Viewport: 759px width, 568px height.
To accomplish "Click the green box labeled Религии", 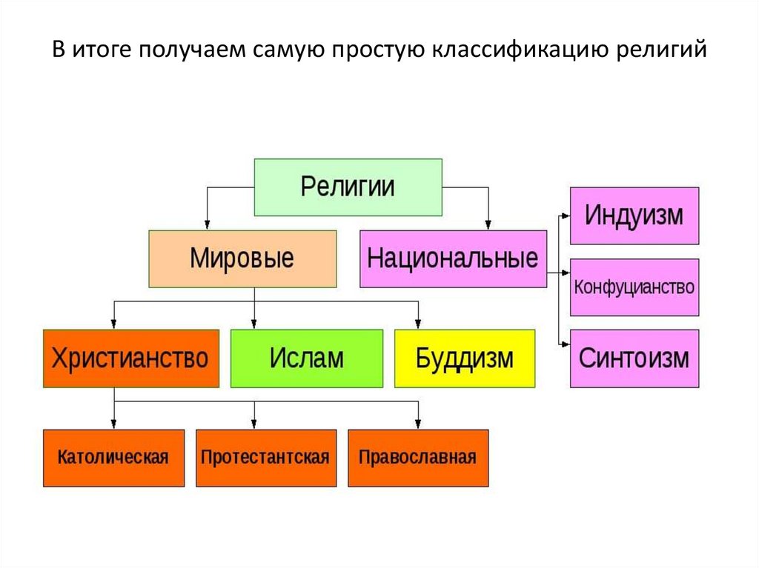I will click(x=348, y=187).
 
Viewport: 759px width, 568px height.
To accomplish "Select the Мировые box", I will click(x=242, y=258).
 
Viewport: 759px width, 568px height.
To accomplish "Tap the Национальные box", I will click(x=453, y=258).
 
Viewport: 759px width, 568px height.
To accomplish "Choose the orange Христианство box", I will click(x=130, y=358).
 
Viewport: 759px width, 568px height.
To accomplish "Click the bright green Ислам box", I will click(x=307, y=358).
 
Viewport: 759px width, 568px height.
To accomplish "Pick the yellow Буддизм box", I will click(x=464, y=358).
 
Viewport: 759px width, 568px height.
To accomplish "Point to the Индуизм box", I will click(x=634, y=216).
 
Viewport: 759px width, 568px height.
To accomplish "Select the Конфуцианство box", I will click(x=634, y=287).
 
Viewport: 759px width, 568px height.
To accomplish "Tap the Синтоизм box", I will click(x=634, y=358).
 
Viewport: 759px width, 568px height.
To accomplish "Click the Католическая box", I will click(x=113, y=457).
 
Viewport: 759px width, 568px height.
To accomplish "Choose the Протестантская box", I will click(x=265, y=457).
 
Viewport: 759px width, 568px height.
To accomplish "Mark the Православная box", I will click(x=417, y=457).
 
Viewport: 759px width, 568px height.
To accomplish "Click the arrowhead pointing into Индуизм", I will click(x=565, y=216).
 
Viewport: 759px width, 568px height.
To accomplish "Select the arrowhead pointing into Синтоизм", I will click(x=565, y=343).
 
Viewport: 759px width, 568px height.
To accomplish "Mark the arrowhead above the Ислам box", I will click(x=254, y=324).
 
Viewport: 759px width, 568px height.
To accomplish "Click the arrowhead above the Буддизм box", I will click(x=418, y=324).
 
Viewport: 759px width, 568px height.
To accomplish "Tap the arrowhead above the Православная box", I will click(x=418, y=424).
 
